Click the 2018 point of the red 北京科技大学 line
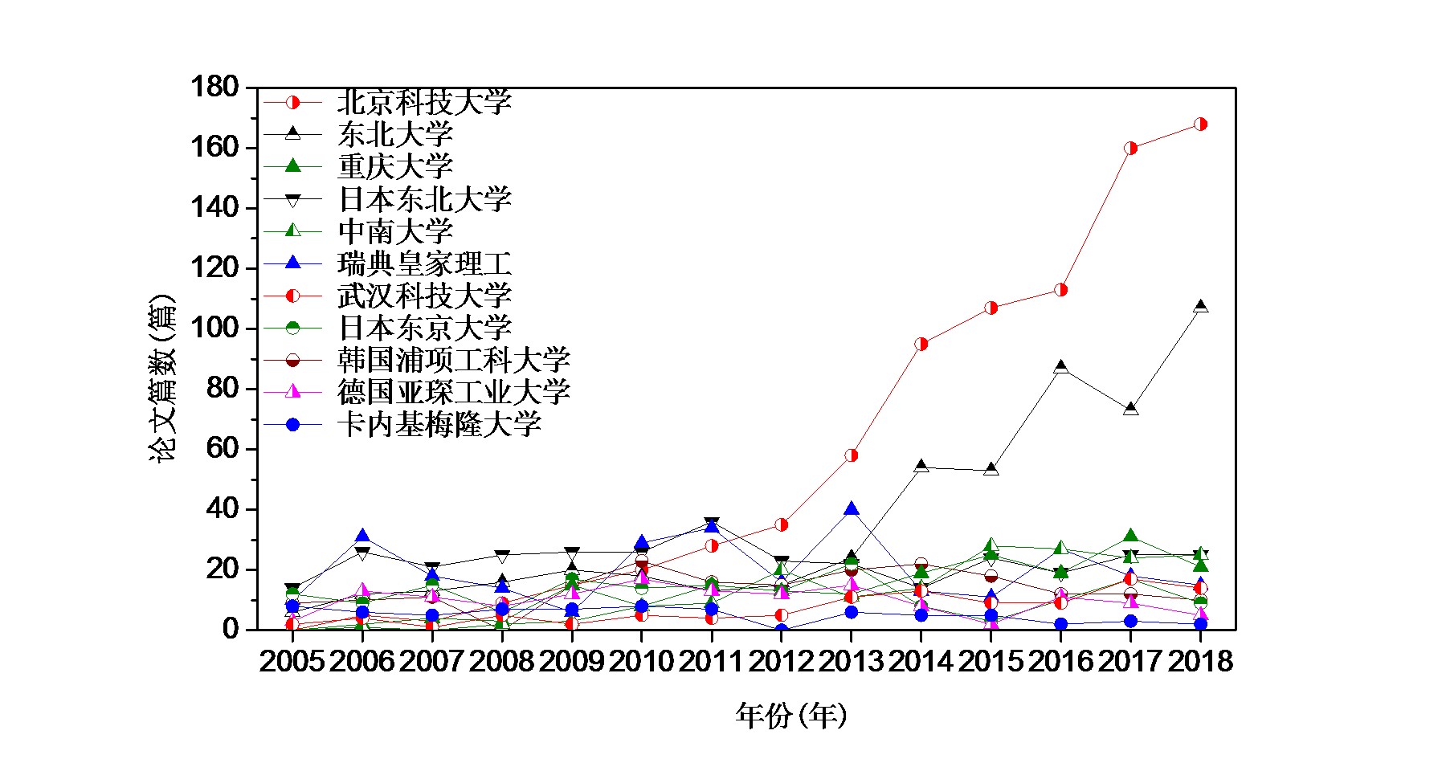point(1200,124)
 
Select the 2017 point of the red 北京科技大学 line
point(1130,148)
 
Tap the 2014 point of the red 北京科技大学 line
point(921,344)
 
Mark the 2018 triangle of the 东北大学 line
point(1200,307)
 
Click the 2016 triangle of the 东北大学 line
point(1060,367)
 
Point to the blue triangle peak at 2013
point(851,509)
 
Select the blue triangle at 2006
point(362,537)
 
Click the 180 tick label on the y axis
point(214,87)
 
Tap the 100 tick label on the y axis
point(214,328)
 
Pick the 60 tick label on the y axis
point(222,448)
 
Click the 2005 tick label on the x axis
point(292,662)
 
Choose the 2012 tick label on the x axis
point(781,662)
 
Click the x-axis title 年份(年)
point(790,715)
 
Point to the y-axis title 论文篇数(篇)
point(161,378)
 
